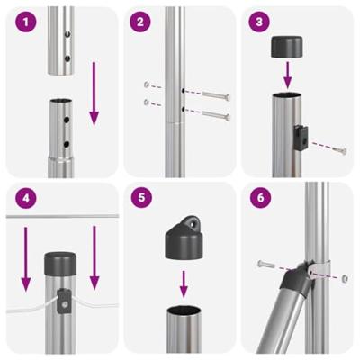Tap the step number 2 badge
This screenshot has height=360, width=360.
[139, 21]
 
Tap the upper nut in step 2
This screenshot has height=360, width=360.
[147, 85]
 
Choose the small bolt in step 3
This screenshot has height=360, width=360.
[337, 149]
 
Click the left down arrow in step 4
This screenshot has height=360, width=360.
[26, 256]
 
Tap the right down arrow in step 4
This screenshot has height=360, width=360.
[93, 256]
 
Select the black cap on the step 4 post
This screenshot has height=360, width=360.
[60, 265]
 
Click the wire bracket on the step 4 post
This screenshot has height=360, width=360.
[62, 301]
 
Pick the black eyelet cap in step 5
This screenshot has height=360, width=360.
[184, 238]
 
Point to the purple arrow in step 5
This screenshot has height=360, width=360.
[184, 284]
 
